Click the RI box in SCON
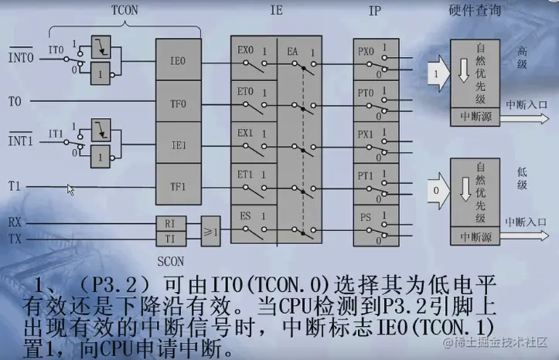pyautogui.click(x=171, y=222)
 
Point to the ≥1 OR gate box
pyautogui.click(x=210, y=230)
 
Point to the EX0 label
pyautogui.click(x=245, y=50)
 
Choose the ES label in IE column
pyautogui.click(x=245, y=216)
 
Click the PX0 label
pyautogui.click(x=366, y=52)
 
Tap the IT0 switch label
pyautogui.click(x=56, y=49)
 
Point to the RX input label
pyautogui.click(x=15, y=222)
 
